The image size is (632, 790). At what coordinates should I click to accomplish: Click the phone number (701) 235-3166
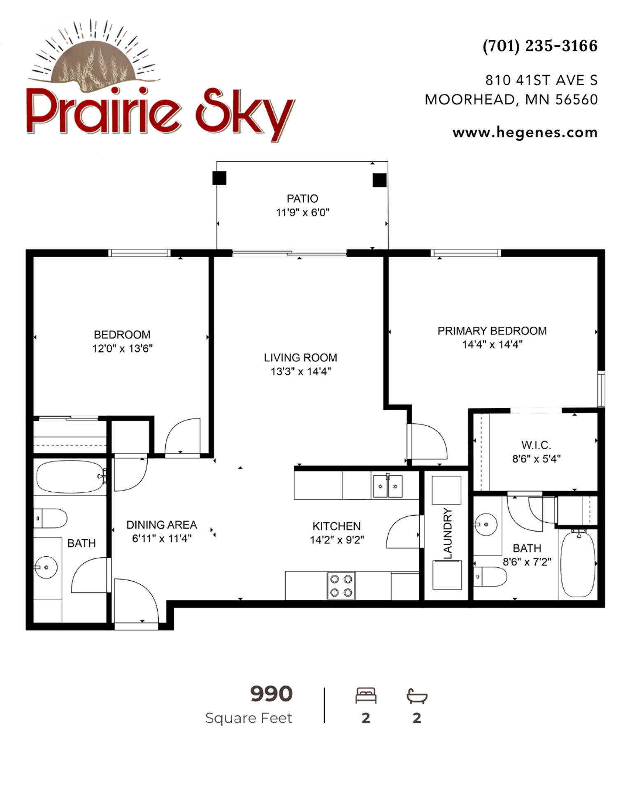[x=540, y=46]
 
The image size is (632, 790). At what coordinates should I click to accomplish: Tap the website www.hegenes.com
[x=525, y=132]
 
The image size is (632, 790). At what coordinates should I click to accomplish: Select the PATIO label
[x=302, y=199]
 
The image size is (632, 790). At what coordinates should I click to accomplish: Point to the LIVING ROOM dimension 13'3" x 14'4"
[x=301, y=372]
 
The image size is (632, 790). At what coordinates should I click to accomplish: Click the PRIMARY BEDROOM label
[x=492, y=331]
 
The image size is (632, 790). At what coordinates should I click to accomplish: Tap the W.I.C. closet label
[x=536, y=445]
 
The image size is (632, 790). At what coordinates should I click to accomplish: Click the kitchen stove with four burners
[x=341, y=586]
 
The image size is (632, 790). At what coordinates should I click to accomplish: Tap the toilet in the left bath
[x=50, y=518]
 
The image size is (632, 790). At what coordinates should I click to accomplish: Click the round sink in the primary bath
[x=486, y=525]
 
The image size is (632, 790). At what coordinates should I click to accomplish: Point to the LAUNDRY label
[x=448, y=534]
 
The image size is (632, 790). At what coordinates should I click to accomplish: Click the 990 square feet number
[x=272, y=694]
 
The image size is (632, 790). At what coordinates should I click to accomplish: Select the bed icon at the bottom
[x=366, y=695]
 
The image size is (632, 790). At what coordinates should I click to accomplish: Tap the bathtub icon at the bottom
[x=417, y=696]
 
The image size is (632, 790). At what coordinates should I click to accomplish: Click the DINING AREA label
[x=162, y=525]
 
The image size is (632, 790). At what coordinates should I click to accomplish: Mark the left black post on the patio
[x=219, y=178]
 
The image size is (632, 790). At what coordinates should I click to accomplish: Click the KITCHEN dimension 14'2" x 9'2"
[x=337, y=540]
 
